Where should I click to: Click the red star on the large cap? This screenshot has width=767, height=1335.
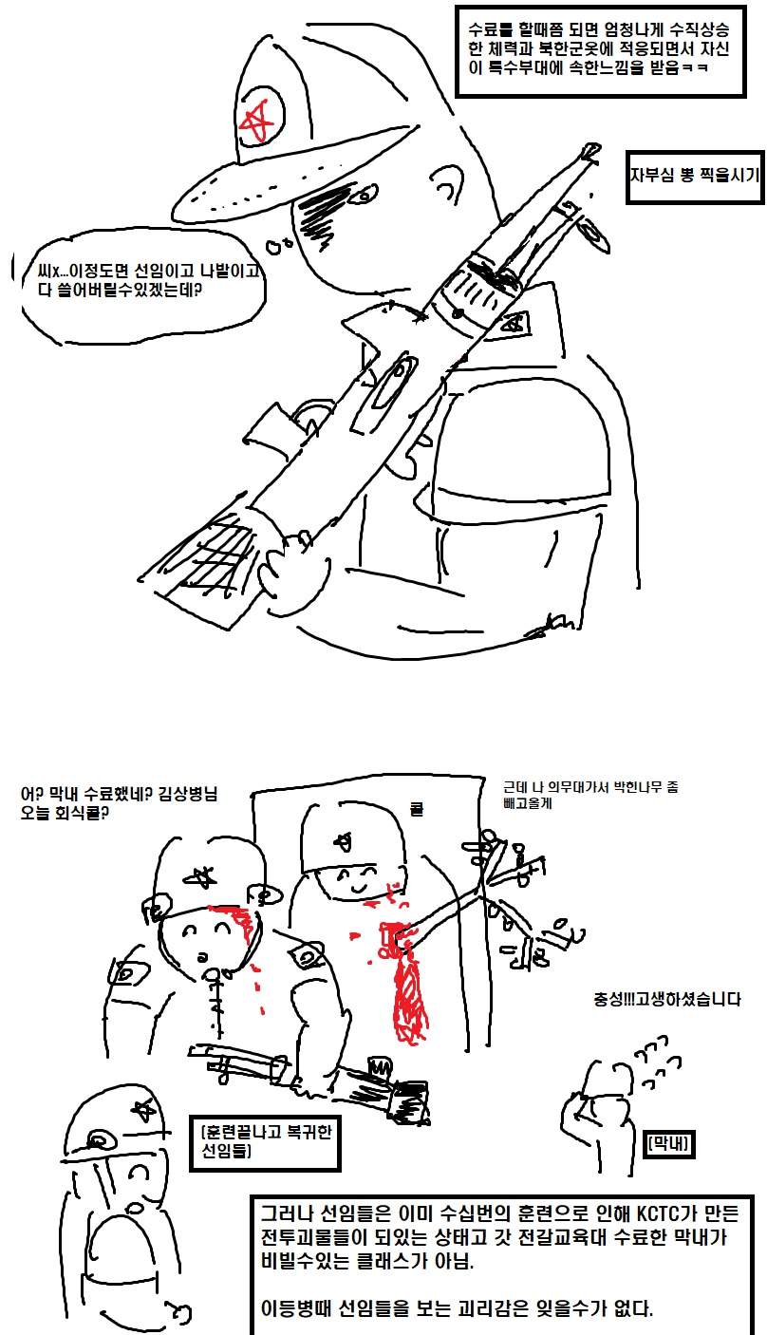click(257, 120)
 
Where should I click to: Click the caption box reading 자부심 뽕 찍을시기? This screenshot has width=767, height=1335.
click(694, 177)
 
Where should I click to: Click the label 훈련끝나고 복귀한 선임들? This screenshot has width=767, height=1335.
click(265, 1142)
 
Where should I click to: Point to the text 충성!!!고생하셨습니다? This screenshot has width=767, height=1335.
click(667, 1000)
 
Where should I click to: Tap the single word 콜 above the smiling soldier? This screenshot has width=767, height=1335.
click(416, 809)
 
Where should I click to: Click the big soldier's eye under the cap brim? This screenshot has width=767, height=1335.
click(364, 194)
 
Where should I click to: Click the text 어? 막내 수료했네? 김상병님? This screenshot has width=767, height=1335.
click(119, 793)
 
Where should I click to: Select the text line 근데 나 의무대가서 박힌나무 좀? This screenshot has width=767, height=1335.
click(590, 787)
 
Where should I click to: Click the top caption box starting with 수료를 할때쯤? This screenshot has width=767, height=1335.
click(601, 51)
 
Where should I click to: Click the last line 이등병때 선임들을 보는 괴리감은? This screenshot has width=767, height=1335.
click(458, 1308)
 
